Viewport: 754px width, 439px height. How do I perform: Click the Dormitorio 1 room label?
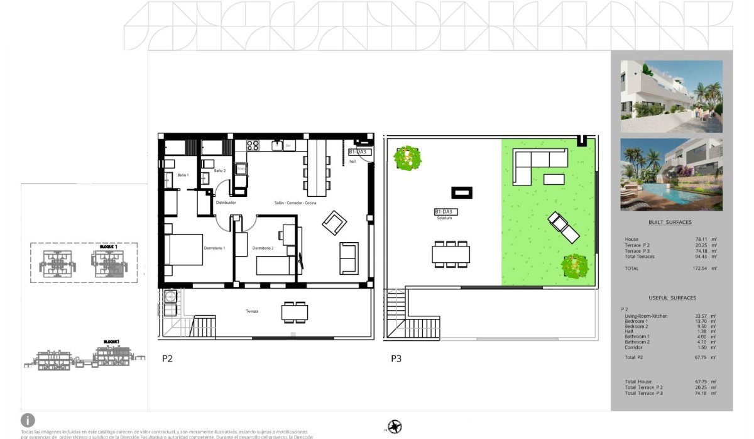tap(214, 248)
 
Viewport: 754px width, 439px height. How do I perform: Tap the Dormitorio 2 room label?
tap(263, 248)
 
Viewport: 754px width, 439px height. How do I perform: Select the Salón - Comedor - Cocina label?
tap(295, 203)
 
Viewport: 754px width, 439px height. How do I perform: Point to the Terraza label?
tap(253, 311)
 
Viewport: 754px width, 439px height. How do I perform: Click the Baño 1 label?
tap(183, 175)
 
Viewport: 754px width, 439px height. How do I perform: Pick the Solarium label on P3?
tap(445, 218)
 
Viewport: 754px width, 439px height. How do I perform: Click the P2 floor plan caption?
tap(167, 359)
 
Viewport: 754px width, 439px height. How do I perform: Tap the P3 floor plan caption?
tap(396, 359)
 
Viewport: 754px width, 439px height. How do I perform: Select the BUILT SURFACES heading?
tap(670, 223)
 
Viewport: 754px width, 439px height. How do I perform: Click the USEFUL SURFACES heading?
tap(672, 298)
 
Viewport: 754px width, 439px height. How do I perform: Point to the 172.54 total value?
tap(698, 269)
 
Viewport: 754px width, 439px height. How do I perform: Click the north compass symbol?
tap(395, 426)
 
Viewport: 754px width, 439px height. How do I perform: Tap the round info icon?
tap(28, 421)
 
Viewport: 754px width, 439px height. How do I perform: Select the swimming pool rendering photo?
tap(671, 174)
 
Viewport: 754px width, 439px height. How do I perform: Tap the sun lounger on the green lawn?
tap(563, 227)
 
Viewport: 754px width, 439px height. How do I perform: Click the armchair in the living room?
tap(334, 221)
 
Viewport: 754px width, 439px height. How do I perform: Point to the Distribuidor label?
tap(226, 203)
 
